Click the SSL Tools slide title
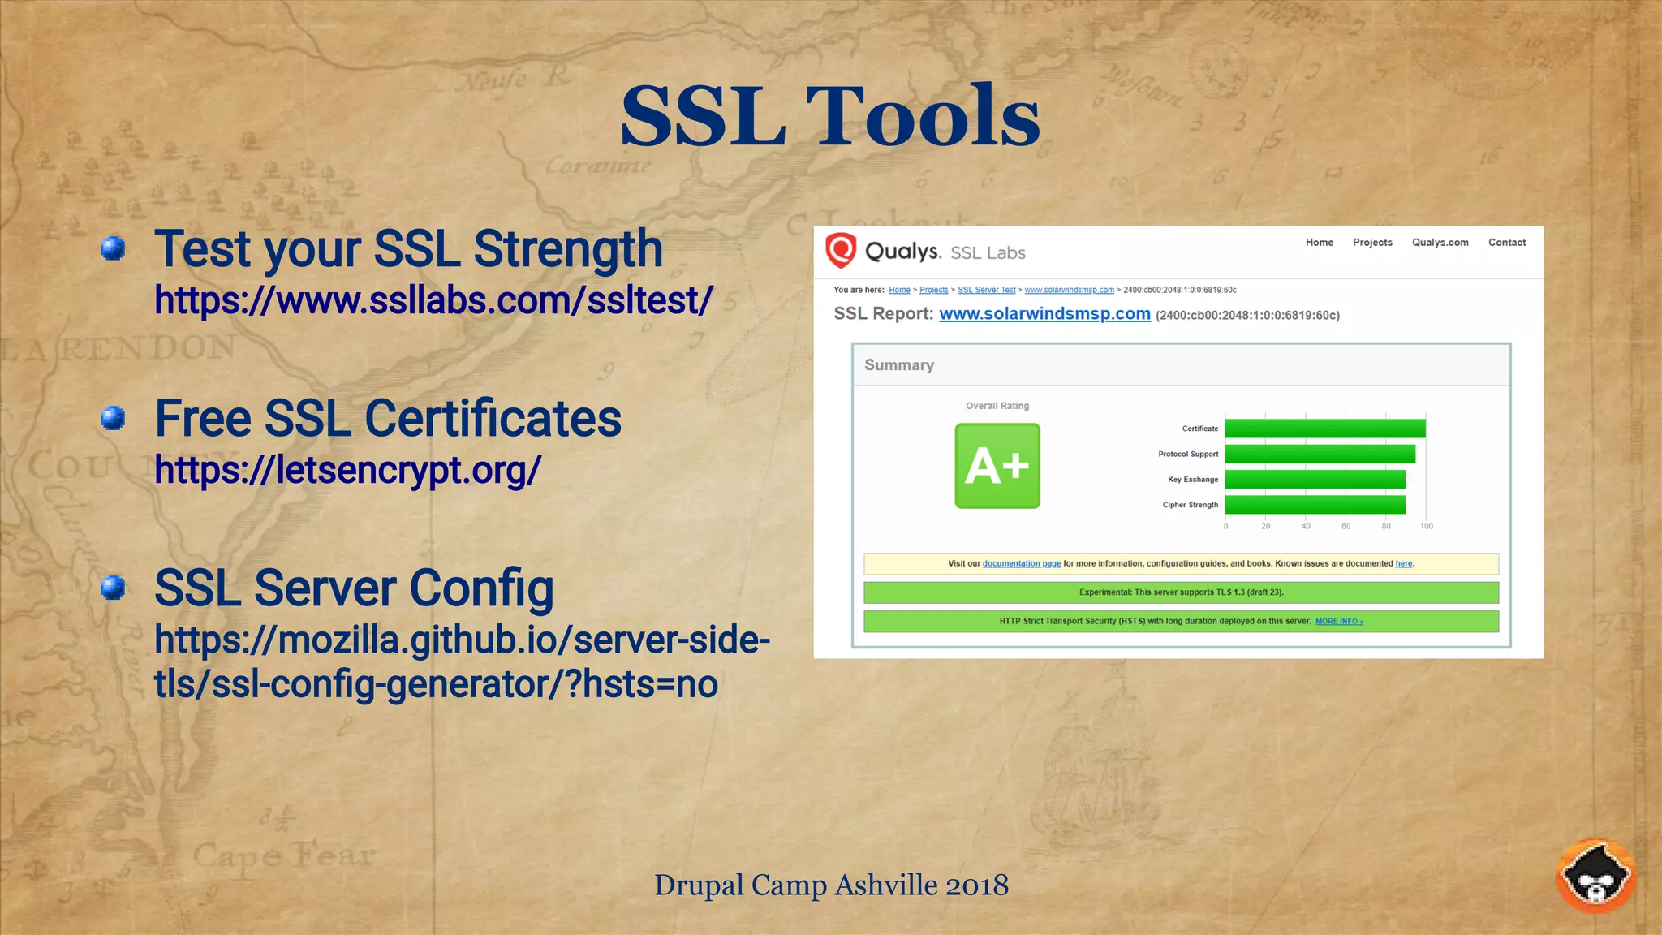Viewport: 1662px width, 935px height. pyautogui.click(x=829, y=117)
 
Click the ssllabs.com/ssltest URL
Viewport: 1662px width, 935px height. pyautogui.click(x=433, y=300)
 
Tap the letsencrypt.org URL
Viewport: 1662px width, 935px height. pyautogui.click(x=347, y=470)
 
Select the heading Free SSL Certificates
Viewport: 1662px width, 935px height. pyautogui.click(x=388, y=419)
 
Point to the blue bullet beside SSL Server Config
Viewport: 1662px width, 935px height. pyautogui.click(x=113, y=588)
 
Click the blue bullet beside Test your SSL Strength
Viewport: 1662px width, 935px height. pyautogui.click(x=113, y=248)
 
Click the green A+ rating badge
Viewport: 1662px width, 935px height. pyautogui.click(x=997, y=466)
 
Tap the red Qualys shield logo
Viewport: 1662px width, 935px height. pyautogui.click(x=841, y=250)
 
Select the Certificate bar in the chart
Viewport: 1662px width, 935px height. pyautogui.click(x=1324, y=429)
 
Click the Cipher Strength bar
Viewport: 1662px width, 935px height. pyautogui.click(x=1315, y=505)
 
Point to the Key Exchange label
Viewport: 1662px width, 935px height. pyautogui.click(x=1192, y=480)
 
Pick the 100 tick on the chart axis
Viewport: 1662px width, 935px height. pyautogui.click(x=1426, y=526)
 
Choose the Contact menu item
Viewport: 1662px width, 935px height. pyautogui.click(x=1506, y=243)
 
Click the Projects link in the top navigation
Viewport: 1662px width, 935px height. pyautogui.click(x=1372, y=243)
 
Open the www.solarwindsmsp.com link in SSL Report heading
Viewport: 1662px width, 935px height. pyautogui.click(x=1044, y=314)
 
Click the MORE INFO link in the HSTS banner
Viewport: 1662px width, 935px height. pyautogui.click(x=1339, y=622)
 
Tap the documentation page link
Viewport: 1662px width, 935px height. pyautogui.click(x=1021, y=563)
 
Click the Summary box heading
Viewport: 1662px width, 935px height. pyautogui.click(x=899, y=365)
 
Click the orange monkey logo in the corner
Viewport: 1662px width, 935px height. pyautogui.click(x=1595, y=877)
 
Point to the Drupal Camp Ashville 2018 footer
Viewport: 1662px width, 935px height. pyautogui.click(x=831, y=885)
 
